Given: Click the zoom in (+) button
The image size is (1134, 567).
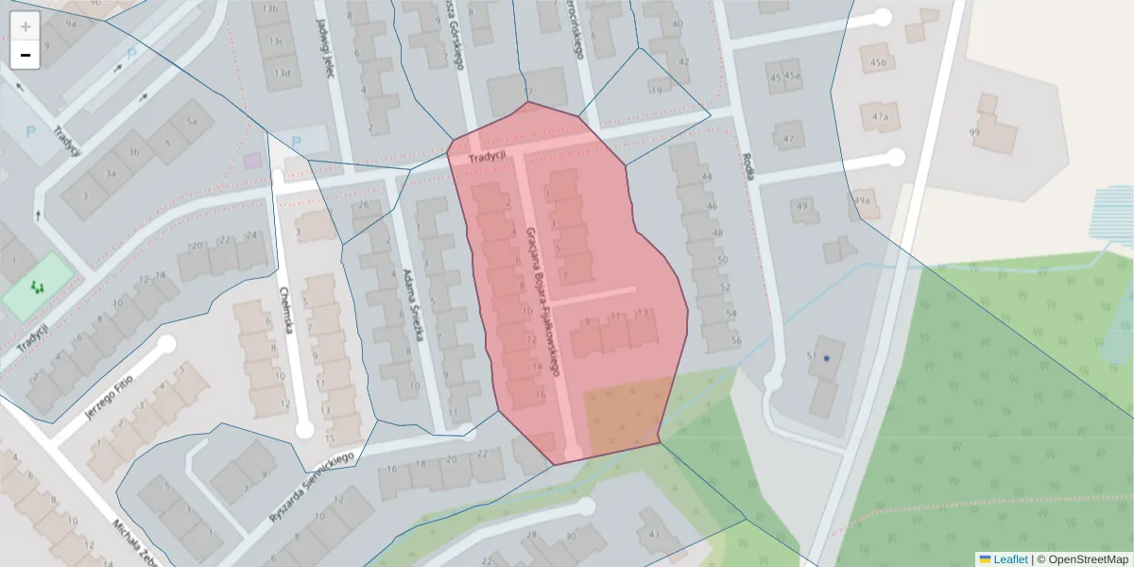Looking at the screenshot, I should (x=26, y=26).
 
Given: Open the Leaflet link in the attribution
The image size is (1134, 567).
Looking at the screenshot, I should (x=1009, y=559).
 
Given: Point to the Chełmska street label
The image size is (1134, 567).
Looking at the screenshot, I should (x=287, y=308).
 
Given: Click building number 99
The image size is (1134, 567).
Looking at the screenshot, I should (x=974, y=133).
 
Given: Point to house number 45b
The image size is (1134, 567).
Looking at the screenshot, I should (x=880, y=63).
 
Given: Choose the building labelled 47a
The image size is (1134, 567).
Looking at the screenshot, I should (x=881, y=117).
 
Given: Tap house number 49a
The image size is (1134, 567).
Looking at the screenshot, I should (x=861, y=200).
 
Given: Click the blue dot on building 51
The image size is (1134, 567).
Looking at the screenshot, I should (x=826, y=358).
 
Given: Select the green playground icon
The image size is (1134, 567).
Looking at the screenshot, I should (x=38, y=285).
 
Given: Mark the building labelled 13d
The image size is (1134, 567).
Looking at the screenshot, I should (x=280, y=73).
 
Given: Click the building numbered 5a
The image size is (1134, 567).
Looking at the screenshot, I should (x=193, y=121).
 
